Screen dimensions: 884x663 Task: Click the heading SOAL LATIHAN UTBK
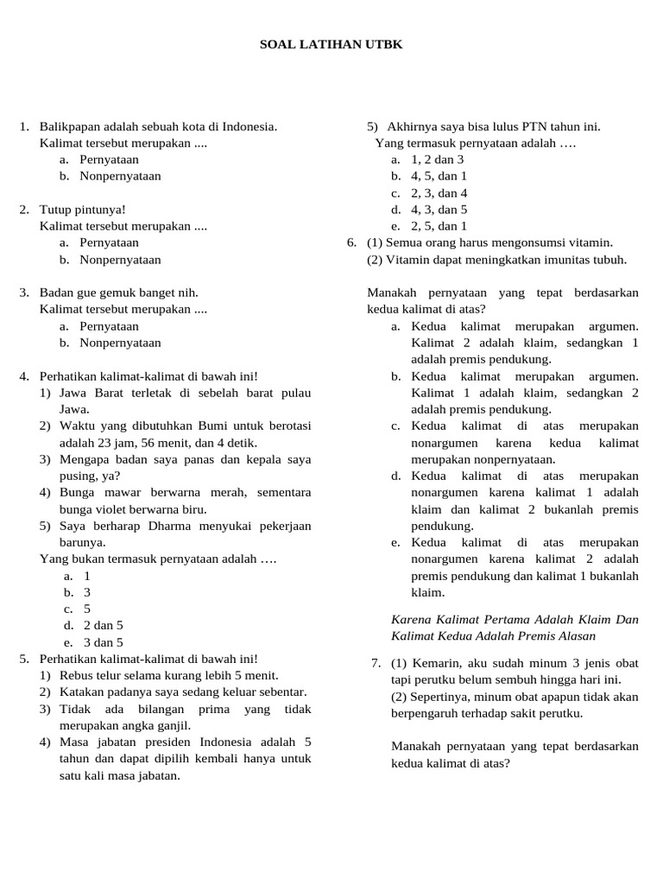[331, 43]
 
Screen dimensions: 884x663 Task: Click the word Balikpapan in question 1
[70, 127]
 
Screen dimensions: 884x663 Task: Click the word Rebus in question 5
[75, 675]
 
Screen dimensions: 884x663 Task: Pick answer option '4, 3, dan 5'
[439, 210]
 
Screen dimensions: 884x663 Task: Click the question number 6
[350, 243]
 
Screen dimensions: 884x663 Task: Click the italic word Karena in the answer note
[410, 619]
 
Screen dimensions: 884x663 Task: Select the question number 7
[376, 663]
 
